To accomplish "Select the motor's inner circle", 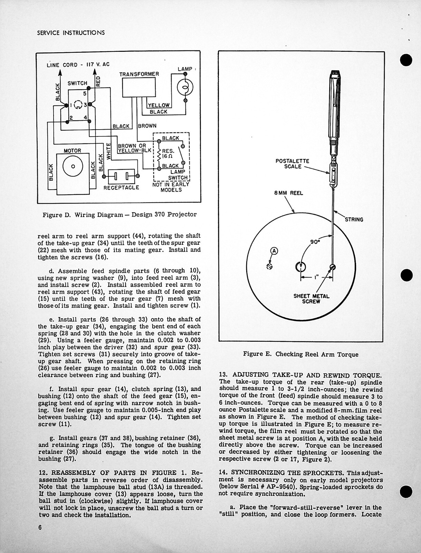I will tap(73, 166).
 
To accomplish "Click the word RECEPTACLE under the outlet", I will tap(121, 188).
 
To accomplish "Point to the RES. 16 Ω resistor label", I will tap(169, 154).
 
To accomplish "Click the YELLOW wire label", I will tap(159, 105).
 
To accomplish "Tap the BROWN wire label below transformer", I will tap(147, 126).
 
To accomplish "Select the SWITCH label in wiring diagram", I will tap(77, 83).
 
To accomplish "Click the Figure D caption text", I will tap(119, 214).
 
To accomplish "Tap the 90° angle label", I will tap(314, 242).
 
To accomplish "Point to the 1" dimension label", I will tap(317, 277).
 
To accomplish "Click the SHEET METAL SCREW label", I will tap(311, 299).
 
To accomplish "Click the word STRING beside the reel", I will tap(354, 219).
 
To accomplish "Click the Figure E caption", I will tap(300, 354).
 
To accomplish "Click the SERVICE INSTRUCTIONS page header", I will tap(71, 33).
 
